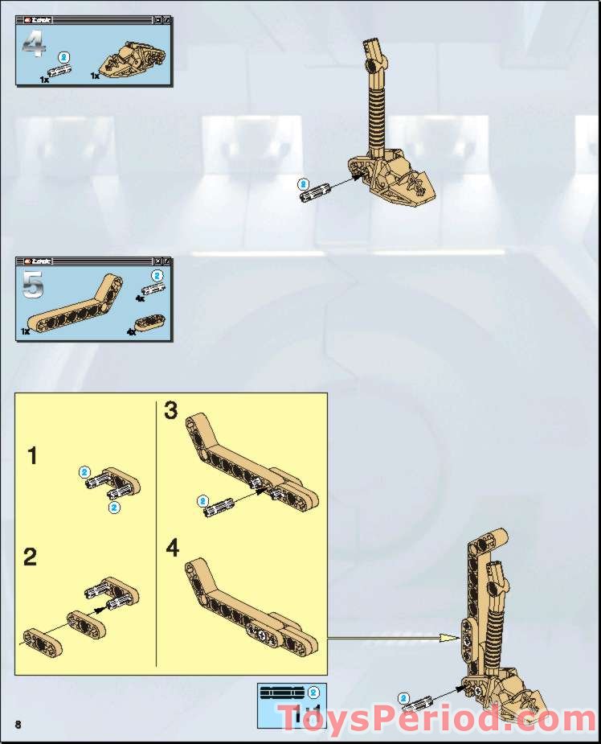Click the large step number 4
[x=33, y=45]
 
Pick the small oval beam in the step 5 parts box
[x=149, y=322]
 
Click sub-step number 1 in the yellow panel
[x=32, y=457]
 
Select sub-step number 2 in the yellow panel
[x=31, y=557]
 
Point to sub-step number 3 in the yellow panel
[x=171, y=411]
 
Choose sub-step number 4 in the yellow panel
[x=173, y=549]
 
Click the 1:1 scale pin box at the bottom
[x=290, y=705]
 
